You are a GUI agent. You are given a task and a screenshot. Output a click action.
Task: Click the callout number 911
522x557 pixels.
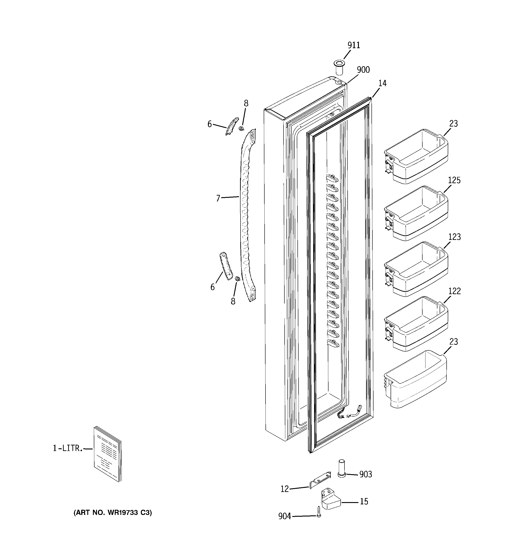coord(354,45)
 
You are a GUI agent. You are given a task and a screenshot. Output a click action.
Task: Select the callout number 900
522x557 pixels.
coord(363,70)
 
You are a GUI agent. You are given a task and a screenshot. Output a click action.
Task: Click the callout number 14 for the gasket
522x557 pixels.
coord(382,83)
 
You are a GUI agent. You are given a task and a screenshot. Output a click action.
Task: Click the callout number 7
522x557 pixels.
coord(218,198)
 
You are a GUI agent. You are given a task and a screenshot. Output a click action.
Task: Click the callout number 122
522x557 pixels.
coord(454,291)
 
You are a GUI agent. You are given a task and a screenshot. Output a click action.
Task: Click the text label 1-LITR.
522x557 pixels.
coord(68,448)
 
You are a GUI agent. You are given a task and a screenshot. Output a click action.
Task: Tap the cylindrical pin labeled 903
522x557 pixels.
coord(342,468)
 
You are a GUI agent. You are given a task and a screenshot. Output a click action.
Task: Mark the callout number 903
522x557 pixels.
coord(365,474)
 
